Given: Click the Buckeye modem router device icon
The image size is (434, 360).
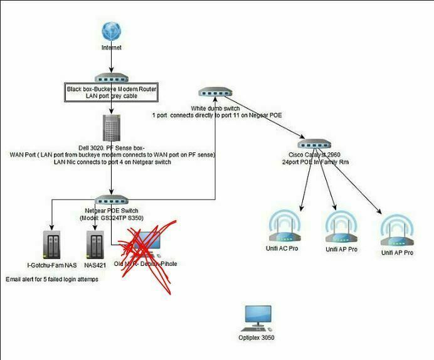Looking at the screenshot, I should pyautogui.click(x=112, y=78).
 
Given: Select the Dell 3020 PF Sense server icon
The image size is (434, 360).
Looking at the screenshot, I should pyautogui.click(x=112, y=127).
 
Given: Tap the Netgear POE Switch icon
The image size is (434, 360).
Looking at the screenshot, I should pyautogui.click(x=112, y=199).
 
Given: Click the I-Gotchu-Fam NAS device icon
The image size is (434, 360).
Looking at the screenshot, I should pyautogui.click(x=51, y=245).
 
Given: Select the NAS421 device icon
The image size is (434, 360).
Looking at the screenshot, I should pyautogui.click(x=93, y=245).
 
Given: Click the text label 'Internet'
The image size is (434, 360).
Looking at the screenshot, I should pyautogui.click(x=112, y=48).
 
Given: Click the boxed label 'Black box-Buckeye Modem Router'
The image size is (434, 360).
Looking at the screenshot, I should pyautogui.click(x=112, y=89).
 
